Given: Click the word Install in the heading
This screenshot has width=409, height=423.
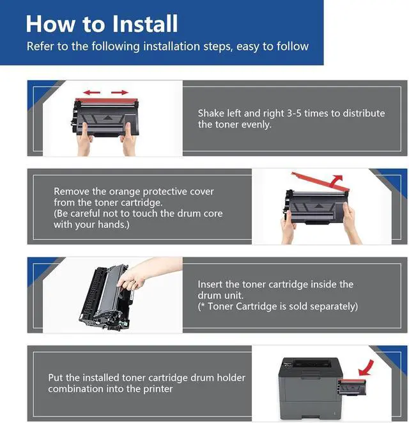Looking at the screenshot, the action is pos(144,24).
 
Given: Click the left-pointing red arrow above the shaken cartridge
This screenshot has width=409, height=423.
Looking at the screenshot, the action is pos(91,93).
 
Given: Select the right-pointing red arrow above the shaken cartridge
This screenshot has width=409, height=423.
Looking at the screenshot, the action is pos(120,93).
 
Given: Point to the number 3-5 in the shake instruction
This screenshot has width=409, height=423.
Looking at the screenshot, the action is pos(294,113).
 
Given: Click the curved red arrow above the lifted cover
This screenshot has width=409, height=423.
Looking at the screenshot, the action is pos(336,180).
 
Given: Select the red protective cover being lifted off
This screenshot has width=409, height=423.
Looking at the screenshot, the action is pos(321,181).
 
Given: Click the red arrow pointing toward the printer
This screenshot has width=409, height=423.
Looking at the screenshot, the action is pos(366,368).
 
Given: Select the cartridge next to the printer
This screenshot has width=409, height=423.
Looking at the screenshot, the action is pos(351,388).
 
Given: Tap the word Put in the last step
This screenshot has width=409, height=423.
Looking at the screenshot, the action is pos(56,378).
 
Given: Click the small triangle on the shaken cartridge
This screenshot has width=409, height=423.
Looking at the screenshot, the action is pos(107,118).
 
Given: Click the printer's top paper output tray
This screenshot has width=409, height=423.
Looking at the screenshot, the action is pos(312,363).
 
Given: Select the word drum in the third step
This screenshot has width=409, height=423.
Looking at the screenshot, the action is pos(208,296).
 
